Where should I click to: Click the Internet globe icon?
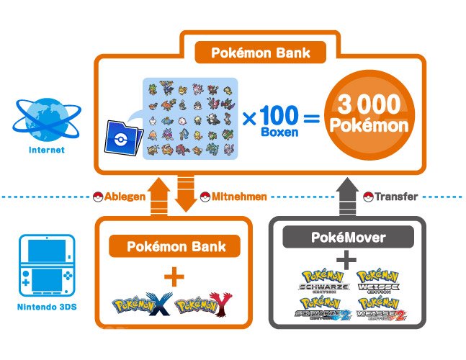47,120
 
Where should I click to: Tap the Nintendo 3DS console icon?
47,266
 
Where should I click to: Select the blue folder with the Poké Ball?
124,138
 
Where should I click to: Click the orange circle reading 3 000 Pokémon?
369,114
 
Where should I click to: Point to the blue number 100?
279,116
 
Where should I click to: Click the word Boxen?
279,132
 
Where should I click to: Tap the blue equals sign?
312,118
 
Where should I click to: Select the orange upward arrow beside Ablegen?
158,197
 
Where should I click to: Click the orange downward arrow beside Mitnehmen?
186,193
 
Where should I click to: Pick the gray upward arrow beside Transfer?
347,197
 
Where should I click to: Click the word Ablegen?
125,197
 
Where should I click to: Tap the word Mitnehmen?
239,197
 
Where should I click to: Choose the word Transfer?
396,197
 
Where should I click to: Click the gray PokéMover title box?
348,237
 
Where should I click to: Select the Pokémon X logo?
143,304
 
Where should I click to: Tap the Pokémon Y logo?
204,304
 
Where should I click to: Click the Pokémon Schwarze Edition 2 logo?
323,309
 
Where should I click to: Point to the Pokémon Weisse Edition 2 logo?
381,309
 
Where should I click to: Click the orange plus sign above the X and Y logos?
174,276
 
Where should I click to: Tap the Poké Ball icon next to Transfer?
368,197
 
